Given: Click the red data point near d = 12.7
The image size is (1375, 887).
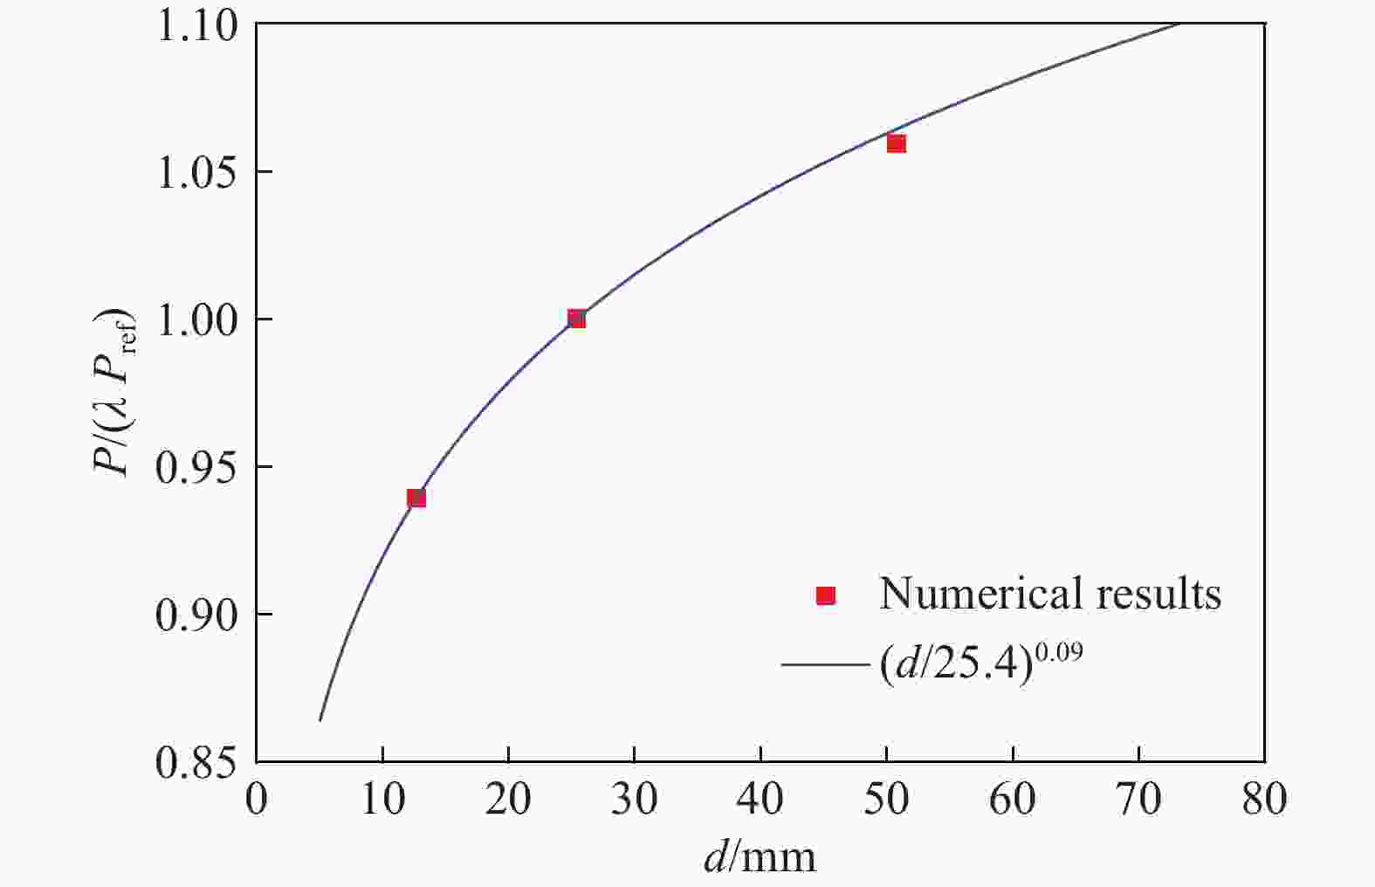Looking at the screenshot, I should tap(416, 499).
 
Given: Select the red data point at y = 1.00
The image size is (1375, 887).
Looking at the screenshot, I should tap(576, 319).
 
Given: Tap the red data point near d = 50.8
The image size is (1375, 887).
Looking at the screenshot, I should tap(897, 143).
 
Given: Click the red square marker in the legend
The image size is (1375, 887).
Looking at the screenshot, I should tap(825, 595).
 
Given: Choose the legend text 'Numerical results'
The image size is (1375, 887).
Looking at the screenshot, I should tap(1049, 594).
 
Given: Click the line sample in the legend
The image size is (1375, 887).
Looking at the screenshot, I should tap(825, 664).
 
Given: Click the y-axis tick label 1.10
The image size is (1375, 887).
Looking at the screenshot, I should tap(196, 26).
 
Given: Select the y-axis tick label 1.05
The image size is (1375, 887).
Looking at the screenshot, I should tap(196, 173).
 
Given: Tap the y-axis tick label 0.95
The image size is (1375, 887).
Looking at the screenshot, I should tap(196, 468).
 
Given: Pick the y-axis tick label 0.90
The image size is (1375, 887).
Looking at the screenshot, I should tap(196, 615).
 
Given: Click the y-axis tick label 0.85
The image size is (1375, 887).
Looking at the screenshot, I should tap(196, 762).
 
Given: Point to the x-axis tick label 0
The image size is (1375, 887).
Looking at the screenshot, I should tap(256, 800).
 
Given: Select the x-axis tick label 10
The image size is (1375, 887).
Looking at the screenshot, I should tap(382, 800).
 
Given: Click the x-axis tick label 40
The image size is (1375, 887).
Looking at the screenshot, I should tap(760, 800).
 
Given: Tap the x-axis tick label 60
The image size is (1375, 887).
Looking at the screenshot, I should tap(1013, 800).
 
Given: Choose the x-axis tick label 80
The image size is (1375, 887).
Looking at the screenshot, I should tap(1264, 800).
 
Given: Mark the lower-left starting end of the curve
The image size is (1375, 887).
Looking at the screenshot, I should tap(320, 719).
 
